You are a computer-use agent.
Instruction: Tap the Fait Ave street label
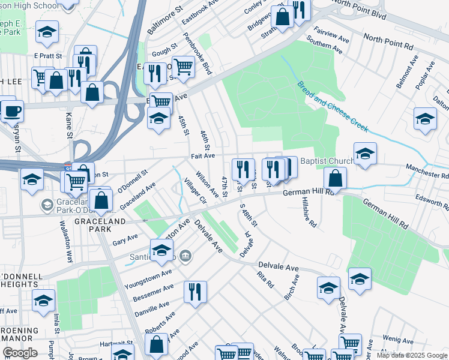(x=203, y=156)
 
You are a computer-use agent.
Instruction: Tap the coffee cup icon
(x=12, y=111)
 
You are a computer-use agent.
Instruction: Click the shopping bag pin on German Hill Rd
(x=336, y=178)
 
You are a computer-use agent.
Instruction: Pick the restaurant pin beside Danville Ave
(x=195, y=292)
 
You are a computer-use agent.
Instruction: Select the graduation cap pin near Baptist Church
(x=364, y=155)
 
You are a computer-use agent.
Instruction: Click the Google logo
(x=20, y=353)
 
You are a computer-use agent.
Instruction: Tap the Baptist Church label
(x=327, y=161)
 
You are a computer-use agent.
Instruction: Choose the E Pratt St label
(x=44, y=56)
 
